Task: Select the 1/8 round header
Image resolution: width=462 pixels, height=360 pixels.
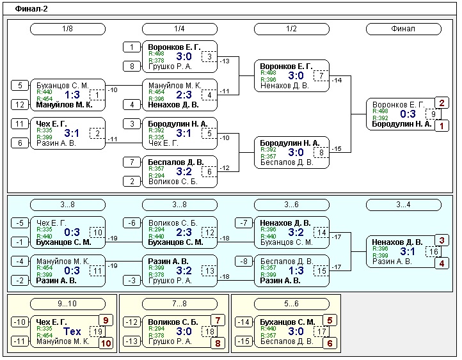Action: (68, 29)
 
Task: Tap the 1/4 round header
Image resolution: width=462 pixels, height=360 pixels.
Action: (180, 29)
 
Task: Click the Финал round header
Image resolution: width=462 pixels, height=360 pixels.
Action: (403, 29)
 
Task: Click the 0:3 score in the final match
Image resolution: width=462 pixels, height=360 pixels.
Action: (408, 114)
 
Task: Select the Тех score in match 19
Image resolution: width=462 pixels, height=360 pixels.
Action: (72, 332)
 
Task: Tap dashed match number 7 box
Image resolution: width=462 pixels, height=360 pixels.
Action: (322, 77)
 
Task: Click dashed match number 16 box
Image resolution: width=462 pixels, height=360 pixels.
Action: (434, 252)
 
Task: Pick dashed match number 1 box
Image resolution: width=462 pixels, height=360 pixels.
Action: (97, 95)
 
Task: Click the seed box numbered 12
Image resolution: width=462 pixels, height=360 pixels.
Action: (20, 105)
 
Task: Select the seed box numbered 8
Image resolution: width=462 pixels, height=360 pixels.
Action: (132, 66)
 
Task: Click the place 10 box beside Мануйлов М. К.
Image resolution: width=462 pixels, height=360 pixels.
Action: (107, 343)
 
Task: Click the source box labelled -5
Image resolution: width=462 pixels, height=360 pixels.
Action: (20, 223)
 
